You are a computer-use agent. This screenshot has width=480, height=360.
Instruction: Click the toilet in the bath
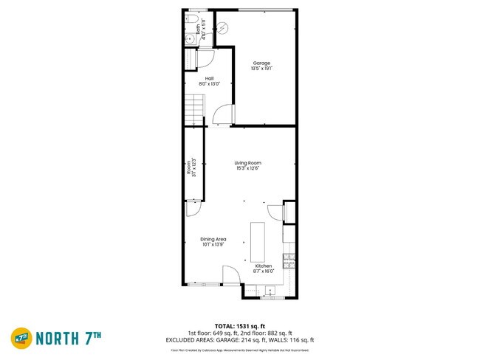[191, 18]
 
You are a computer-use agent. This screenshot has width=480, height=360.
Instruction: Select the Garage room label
[262, 63]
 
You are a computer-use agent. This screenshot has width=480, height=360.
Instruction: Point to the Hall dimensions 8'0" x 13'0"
[209, 84]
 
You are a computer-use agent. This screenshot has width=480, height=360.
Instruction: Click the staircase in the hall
[193, 111]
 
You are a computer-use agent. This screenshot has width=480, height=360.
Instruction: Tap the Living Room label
[248, 163]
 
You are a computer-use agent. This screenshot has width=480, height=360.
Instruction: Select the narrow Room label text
[190, 166]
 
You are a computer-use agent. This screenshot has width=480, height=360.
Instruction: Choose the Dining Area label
[213, 239]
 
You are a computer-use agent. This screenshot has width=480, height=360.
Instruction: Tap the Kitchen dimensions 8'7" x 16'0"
[264, 271]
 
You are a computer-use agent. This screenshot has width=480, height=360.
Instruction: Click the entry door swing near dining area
[231, 274]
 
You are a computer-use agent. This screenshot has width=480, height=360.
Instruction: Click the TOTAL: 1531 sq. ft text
[240, 325]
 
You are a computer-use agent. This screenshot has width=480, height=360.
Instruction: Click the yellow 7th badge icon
[21, 338]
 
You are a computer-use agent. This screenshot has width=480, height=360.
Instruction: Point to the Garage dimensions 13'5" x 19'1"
[262, 69]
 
